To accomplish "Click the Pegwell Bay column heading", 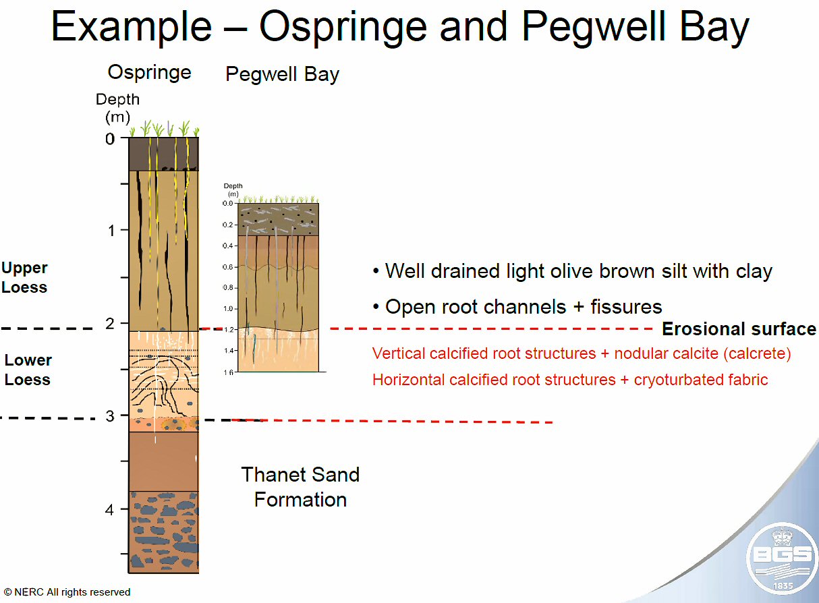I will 282,74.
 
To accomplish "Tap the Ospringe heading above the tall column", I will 149,72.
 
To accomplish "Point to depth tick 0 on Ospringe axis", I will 110,139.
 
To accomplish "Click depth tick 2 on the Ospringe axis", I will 110,324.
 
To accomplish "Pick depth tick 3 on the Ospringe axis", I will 110,415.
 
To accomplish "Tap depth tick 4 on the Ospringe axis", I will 110,509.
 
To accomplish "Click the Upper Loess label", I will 24,277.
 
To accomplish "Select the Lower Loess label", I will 28,370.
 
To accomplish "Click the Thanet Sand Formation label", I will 300,487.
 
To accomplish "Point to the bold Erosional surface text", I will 739,329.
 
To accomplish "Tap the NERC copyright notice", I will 67,592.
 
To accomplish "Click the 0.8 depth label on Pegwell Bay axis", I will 227,288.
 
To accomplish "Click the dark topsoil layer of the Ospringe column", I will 164,155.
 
